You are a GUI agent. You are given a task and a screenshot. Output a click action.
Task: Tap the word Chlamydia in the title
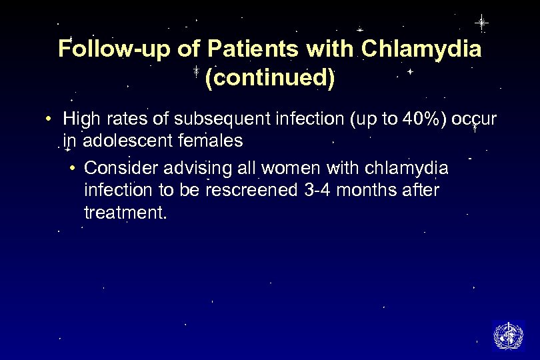[x=421, y=49]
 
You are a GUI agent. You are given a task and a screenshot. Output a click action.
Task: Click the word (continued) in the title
[x=270, y=79]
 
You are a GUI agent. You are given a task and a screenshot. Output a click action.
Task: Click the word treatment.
[x=123, y=213]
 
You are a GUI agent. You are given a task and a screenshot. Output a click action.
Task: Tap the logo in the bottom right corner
[x=508, y=335]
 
